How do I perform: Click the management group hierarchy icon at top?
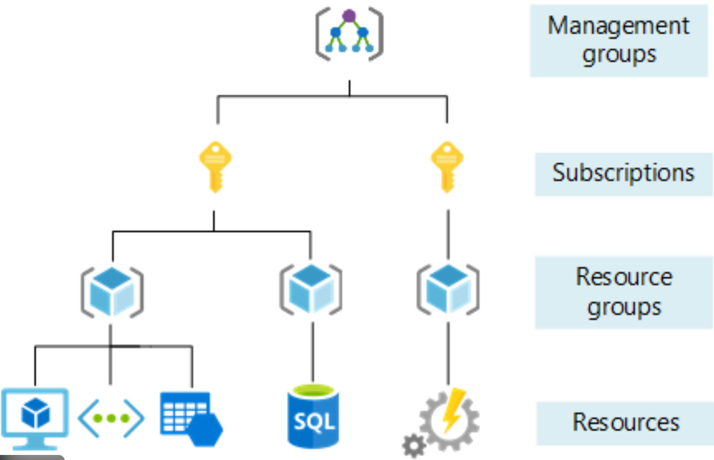point(349,34)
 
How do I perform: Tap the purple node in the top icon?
point(349,16)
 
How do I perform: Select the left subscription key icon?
point(215,166)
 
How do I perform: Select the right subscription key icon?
point(447,166)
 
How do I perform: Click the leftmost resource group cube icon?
point(112,292)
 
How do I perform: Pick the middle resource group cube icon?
point(311,289)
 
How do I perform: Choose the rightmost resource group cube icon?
point(448,289)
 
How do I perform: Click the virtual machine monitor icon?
point(35,417)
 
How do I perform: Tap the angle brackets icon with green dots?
point(111,418)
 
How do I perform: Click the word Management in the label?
point(618,26)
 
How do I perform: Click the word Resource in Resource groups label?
point(624,277)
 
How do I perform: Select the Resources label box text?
point(625,423)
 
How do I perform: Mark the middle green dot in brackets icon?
point(111,418)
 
